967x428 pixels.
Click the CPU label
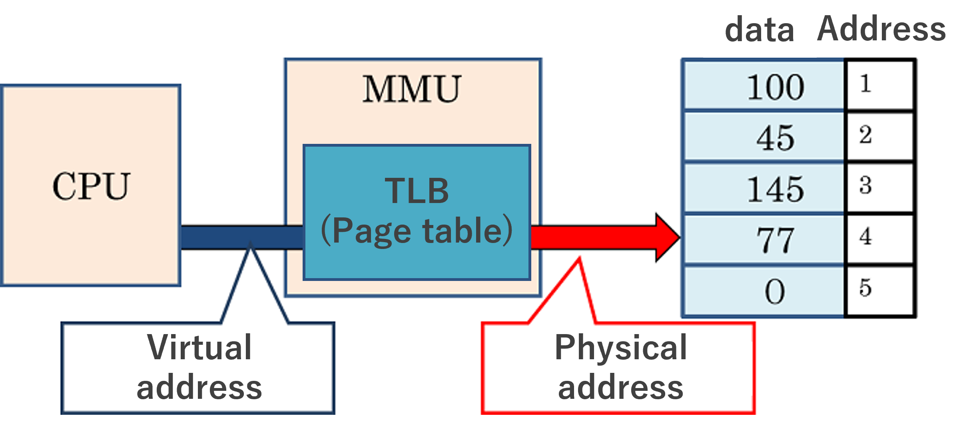(x=91, y=186)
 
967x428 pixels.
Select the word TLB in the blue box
(x=417, y=191)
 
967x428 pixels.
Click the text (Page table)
(x=417, y=231)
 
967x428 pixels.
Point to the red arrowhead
(x=667, y=237)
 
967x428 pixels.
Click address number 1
(x=865, y=84)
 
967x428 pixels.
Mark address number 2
(x=865, y=135)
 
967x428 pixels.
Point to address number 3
(x=865, y=185)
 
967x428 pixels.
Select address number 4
(x=865, y=236)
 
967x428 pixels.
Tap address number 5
(x=865, y=287)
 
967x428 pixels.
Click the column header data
(x=759, y=30)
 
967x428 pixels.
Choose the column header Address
(x=881, y=29)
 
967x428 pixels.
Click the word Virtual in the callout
(x=199, y=347)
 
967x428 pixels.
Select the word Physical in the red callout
(x=620, y=348)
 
